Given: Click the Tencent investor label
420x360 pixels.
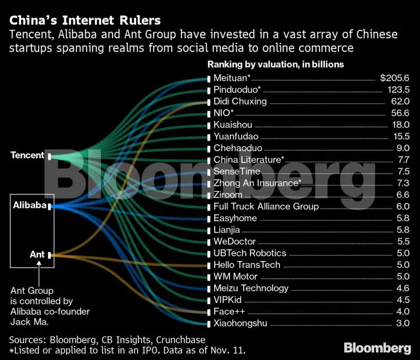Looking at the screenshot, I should tap(27, 155).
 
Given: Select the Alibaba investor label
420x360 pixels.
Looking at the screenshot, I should tap(30, 206).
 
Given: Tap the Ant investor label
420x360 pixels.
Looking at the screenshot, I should tap(37, 254).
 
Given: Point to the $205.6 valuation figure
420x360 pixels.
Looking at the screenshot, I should tap(394, 78).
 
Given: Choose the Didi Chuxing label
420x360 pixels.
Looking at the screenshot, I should tap(240, 101).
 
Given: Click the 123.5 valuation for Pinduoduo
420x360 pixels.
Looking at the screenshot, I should tap(397, 90).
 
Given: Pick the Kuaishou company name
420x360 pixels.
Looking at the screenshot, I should tap(233, 124).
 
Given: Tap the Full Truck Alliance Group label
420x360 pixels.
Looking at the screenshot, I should tap(266, 207).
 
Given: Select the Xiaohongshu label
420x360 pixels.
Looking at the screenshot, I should tap(240, 324).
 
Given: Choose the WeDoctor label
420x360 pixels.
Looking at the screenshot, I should tap(235, 241).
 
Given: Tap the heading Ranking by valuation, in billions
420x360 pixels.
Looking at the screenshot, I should tap(276, 65).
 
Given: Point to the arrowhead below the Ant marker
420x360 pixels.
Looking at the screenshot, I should tap(40, 264).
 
